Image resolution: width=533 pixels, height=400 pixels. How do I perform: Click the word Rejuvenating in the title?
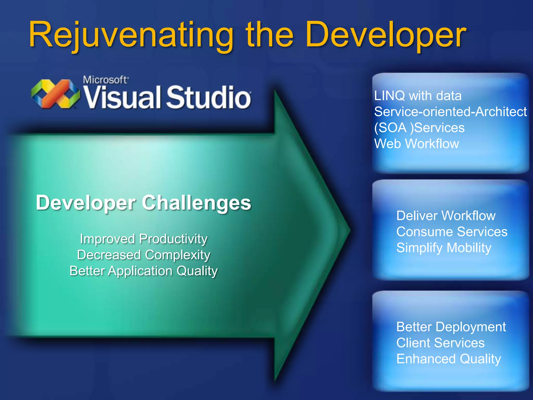tap(130, 35)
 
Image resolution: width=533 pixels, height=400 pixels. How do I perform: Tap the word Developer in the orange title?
tap(385, 35)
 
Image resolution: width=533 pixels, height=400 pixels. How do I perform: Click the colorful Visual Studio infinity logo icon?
tap(55, 94)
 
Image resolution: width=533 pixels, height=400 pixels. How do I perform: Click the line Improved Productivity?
tap(144, 239)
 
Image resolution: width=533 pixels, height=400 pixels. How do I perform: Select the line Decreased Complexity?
tap(144, 255)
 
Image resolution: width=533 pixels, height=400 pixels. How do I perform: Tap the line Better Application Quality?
tap(144, 271)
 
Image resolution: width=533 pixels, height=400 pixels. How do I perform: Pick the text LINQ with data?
tap(418, 96)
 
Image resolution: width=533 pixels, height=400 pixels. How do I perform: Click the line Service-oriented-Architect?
tap(450, 112)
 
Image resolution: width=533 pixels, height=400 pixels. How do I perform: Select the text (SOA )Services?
tap(419, 128)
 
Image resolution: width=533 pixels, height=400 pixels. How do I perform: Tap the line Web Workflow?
tap(416, 143)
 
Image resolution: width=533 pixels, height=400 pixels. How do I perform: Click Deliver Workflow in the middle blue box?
tap(446, 216)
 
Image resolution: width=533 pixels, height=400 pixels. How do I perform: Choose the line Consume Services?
tap(452, 232)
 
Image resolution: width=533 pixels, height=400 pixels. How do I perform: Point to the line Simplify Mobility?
tap(444, 248)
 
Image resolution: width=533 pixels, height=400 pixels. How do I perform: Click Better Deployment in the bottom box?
tap(451, 327)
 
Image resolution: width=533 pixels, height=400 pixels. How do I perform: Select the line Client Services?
tap(440, 343)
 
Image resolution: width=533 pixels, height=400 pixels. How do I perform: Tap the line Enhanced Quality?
tap(449, 359)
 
